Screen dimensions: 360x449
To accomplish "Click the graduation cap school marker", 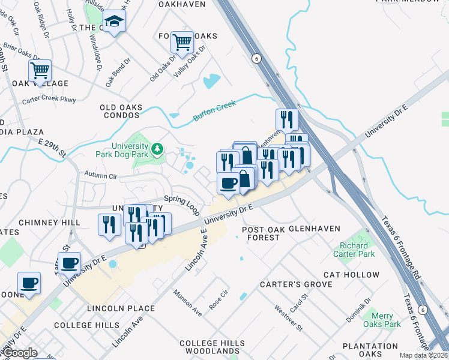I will click(114, 23).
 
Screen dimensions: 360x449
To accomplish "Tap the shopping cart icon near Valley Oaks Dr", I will click(182, 42).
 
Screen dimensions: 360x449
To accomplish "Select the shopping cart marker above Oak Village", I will click(40, 70).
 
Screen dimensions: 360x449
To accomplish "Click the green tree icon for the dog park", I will click(157, 148).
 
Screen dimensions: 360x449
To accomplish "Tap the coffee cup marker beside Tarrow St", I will click(69, 263).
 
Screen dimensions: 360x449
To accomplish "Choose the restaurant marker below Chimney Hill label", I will click(109, 224).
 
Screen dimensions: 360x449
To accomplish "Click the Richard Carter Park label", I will click(354, 250).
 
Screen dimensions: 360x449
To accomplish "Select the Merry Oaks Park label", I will click(382, 320).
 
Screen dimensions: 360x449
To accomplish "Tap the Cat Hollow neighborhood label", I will click(351, 275).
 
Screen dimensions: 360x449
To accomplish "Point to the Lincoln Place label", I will click(121, 308).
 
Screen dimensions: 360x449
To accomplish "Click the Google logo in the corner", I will click(20, 353).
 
